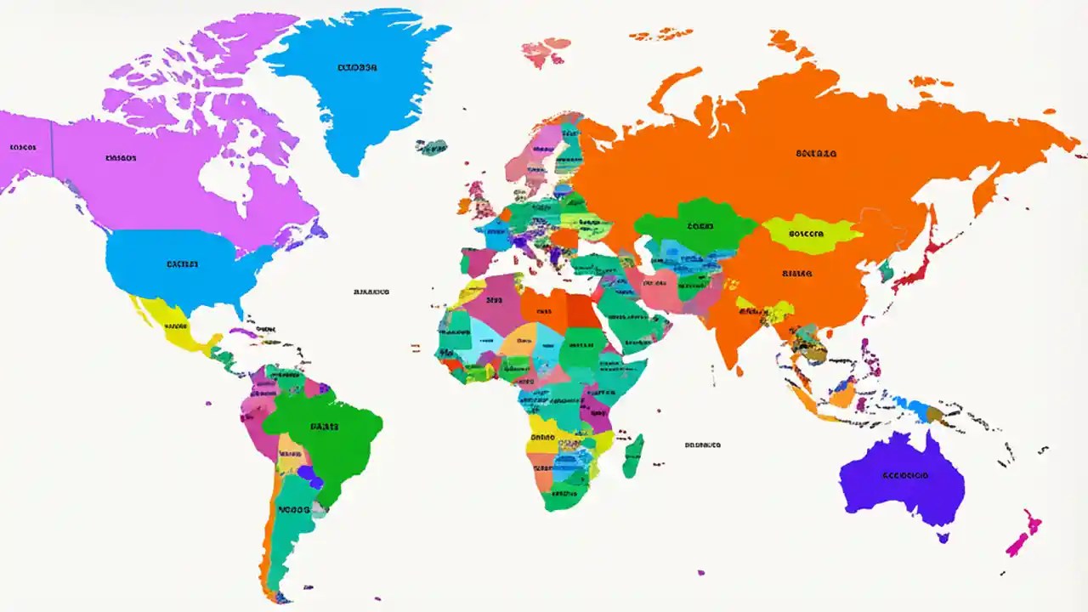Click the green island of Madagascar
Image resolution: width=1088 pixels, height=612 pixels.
click(x=633, y=456)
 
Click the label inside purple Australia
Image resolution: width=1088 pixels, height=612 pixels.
click(x=905, y=475)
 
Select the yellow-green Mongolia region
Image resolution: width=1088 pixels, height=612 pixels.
click(x=812, y=234)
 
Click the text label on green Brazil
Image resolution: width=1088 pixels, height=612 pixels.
click(x=324, y=427)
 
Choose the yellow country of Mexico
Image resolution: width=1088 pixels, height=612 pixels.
click(x=174, y=327)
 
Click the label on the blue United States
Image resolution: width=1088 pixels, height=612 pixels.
click(x=182, y=264)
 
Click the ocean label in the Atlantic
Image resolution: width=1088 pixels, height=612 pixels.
click(x=371, y=292)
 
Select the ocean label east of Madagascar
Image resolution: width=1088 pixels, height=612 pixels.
click(x=703, y=445)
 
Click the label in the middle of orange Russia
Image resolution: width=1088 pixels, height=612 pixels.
click(x=816, y=154)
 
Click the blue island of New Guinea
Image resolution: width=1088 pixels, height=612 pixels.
click(x=918, y=410)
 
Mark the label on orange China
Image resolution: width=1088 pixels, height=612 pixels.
click(x=796, y=275)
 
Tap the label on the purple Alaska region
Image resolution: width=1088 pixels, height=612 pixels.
click(x=23, y=147)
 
